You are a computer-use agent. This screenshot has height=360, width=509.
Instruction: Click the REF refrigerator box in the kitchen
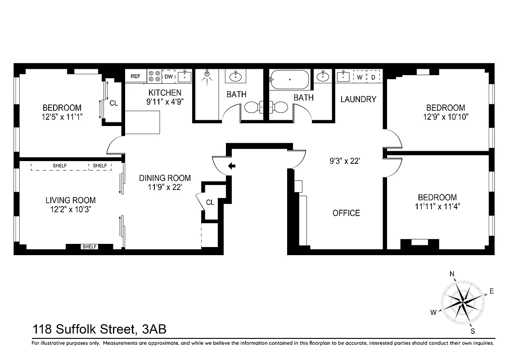[x=135, y=76]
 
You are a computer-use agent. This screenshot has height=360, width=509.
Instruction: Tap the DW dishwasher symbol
[x=168, y=76]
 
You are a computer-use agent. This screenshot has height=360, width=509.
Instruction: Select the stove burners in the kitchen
[x=154, y=76]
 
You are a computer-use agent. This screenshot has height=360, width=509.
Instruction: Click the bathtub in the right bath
[x=289, y=80]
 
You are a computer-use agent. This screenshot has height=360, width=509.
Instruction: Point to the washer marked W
[x=360, y=77]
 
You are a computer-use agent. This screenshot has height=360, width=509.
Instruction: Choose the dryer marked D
[x=374, y=77]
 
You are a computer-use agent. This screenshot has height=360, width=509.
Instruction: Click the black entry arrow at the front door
[x=232, y=166]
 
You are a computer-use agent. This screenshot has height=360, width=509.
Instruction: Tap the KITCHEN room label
[x=165, y=93]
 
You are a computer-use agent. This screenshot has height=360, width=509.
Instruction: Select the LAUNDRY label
[x=358, y=99]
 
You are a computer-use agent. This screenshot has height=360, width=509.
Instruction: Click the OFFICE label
[x=346, y=213]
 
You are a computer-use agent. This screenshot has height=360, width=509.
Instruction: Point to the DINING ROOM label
[x=165, y=178]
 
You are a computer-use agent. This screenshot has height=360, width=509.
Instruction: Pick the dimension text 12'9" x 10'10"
[x=446, y=117]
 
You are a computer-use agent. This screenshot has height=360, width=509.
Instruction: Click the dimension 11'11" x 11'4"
[x=437, y=207]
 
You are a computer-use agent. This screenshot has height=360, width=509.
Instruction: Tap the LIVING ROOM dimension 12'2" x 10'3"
[x=70, y=209]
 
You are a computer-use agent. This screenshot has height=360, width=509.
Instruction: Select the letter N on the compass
[x=452, y=274]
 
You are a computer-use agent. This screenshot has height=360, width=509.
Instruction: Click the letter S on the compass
[x=473, y=332]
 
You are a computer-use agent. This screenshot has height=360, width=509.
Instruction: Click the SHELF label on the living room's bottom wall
[x=89, y=247]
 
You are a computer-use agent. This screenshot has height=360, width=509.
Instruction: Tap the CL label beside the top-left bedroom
[x=113, y=103]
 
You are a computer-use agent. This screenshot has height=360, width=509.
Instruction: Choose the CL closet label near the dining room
[x=210, y=202]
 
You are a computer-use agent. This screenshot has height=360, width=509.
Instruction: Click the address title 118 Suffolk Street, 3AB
[x=99, y=329]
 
